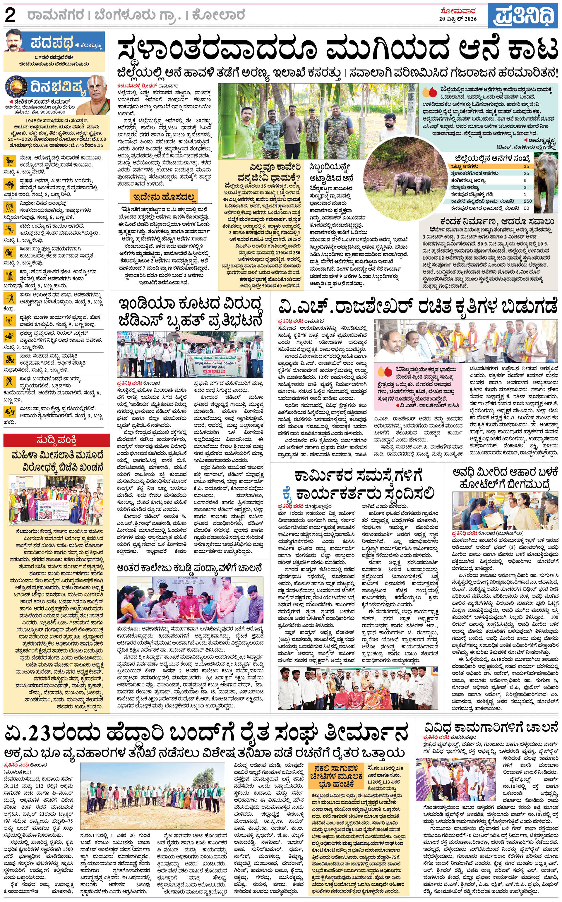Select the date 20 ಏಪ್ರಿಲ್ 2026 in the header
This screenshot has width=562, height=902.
(458, 19)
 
